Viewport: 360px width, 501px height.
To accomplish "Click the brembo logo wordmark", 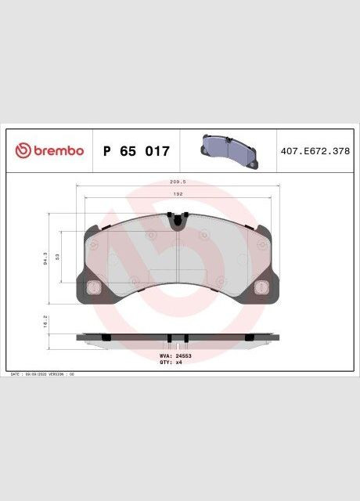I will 57,150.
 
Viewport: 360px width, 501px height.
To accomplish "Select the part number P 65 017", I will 135,151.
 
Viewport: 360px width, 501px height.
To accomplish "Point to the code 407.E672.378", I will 315,150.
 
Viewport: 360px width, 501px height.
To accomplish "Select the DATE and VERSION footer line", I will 43,376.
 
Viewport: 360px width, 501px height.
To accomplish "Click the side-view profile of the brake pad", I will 179,338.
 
